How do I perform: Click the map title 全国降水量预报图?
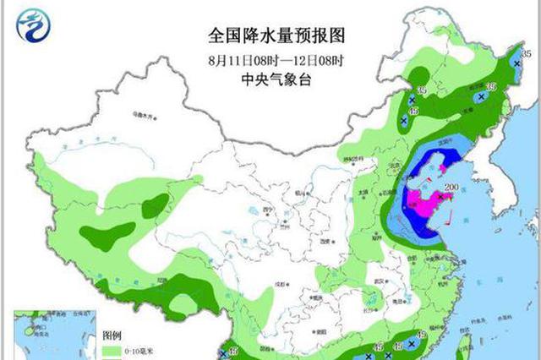pyautogui.click(x=278, y=36)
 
